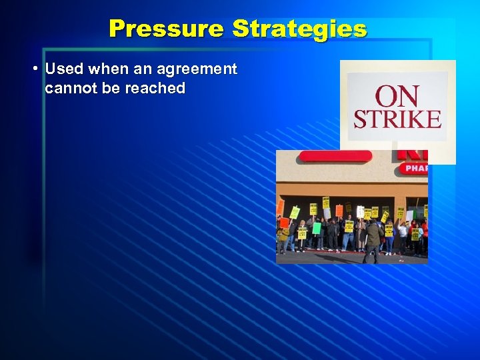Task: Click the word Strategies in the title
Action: point(299,29)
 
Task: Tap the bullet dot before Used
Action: point(34,69)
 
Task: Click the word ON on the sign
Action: point(397,97)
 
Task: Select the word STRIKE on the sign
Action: point(397,120)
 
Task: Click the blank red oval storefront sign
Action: point(335,157)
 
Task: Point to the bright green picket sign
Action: point(317,228)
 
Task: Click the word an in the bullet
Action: point(141,69)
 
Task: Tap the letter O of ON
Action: point(387,97)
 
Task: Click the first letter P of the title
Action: point(117,29)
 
